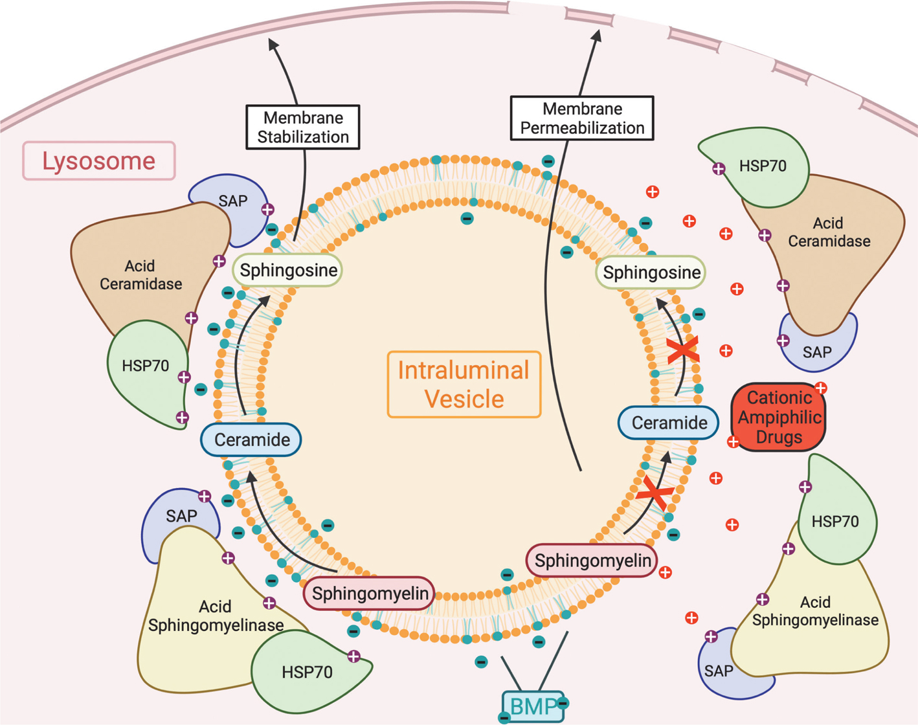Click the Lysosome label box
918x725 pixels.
point(99,161)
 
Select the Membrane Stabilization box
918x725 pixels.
point(302,128)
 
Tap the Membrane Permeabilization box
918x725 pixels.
point(582,118)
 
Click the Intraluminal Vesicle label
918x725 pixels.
point(464,385)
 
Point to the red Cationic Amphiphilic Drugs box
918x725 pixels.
point(779,418)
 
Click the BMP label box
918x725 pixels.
point(533,706)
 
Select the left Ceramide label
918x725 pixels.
point(251,440)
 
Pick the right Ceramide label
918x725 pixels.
point(669,423)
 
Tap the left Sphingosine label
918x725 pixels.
point(288,270)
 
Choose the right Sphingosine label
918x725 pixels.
point(651,273)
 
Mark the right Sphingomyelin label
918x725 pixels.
point(592,561)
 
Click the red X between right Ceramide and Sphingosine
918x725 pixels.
point(683,350)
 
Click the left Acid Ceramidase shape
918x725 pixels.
point(142,272)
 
